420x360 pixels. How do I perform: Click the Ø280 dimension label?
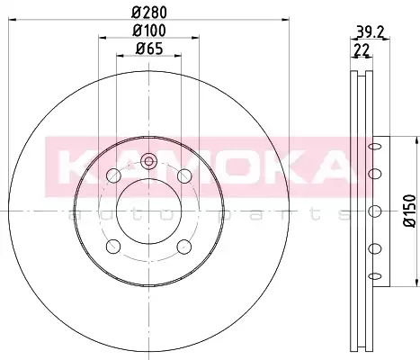pyautogui.click(x=149, y=12)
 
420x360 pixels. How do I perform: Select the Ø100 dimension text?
pyautogui.click(x=149, y=31)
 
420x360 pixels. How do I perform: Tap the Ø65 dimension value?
pyautogui.click(x=149, y=49)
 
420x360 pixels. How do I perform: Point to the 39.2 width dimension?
pyautogui.click(x=370, y=31)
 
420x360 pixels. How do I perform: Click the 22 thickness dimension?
pyautogui.click(x=361, y=49)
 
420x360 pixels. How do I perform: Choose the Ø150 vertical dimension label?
pyautogui.click(x=410, y=211)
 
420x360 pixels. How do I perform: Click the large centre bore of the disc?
pyautogui.click(x=149, y=211)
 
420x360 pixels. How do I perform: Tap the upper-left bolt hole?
pyautogui.click(x=113, y=175)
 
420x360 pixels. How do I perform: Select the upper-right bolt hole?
pyautogui.click(x=184, y=175)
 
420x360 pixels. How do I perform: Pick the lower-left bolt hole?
pyautogui.click(x=113, y=247)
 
